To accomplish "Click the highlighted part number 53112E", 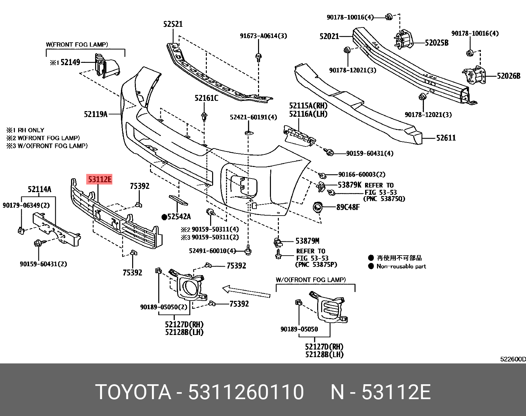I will (x=99, y=180).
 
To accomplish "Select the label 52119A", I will (x=95, y=114).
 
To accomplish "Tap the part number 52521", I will (x=173, y=24).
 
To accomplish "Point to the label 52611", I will (x=446, y=138).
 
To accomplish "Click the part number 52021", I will (x=329, y=36).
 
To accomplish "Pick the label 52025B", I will (x=436, y=43).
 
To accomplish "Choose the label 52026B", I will (x=508, y=76).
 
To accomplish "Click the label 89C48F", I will (x=348, y=207).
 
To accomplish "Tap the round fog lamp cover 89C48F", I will (x=318, y=207).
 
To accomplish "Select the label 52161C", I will (x=206, y=98).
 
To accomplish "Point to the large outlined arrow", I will (x=246, y=291).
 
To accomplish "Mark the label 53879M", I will (x=307, y=241).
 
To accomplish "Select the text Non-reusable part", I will (x=401, y=267).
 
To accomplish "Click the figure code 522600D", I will (x=512, y=359).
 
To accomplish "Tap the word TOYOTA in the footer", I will (x=133, y=392).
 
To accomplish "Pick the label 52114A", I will (x=39, y=189).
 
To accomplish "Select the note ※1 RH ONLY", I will (x=25, y=130).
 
